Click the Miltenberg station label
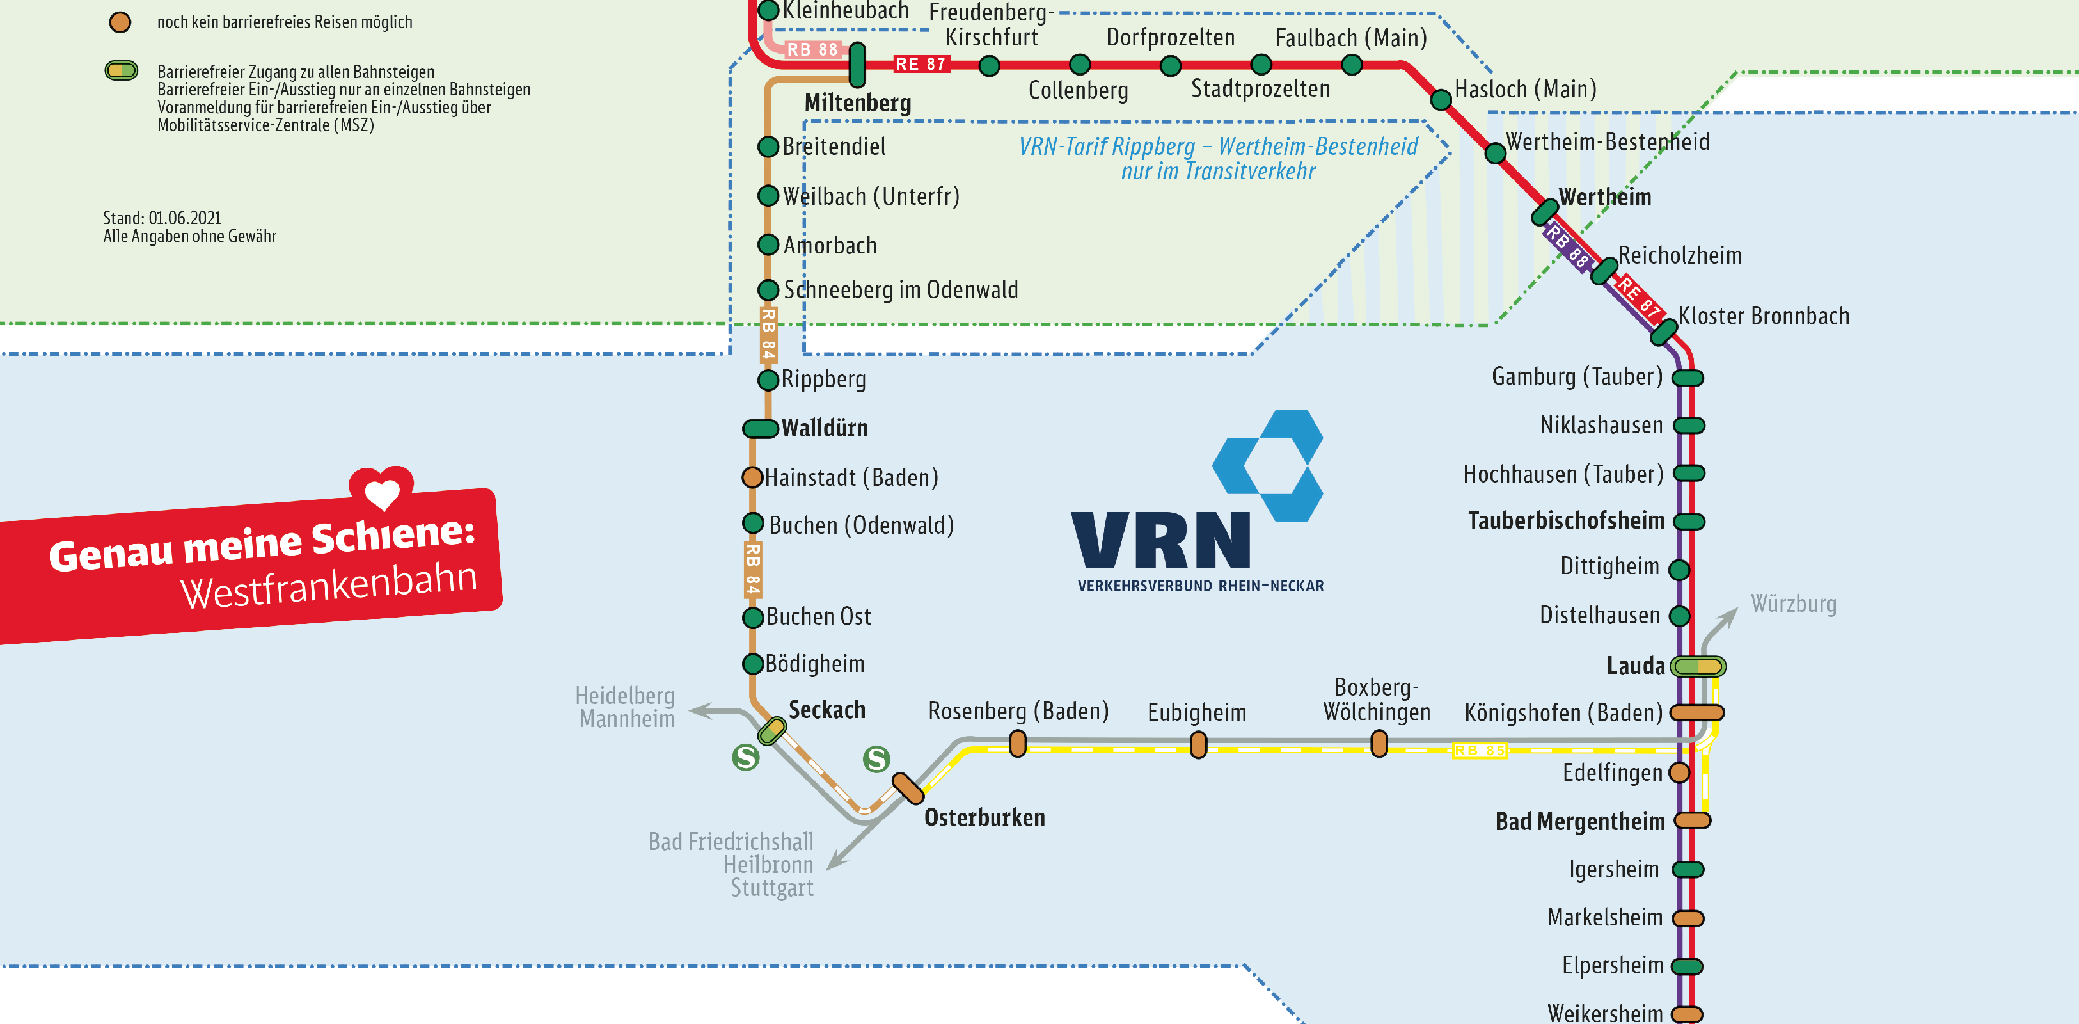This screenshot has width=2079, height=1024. point(857,104)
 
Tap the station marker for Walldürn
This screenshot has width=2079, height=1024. point(759,428)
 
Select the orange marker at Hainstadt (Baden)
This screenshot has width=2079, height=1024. point(752,477)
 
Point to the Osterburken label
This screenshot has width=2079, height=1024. point(984,817)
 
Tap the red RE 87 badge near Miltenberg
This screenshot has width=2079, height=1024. point(920,65)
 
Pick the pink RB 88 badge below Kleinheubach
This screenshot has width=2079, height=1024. point(812,49)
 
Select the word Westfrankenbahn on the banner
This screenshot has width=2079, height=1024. point(328,585)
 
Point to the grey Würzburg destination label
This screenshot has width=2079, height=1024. point(1792,604)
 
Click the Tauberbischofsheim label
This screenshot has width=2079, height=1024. point(1566,520)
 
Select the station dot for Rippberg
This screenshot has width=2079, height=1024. point(768,380)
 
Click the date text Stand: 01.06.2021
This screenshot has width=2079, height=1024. point(162,218)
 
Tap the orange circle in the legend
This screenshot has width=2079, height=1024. point(120,22)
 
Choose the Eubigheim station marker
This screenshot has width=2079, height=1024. point(1199,744)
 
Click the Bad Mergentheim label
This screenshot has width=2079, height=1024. point(1579,821)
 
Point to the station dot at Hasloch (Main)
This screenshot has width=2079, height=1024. point(1441,100)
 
